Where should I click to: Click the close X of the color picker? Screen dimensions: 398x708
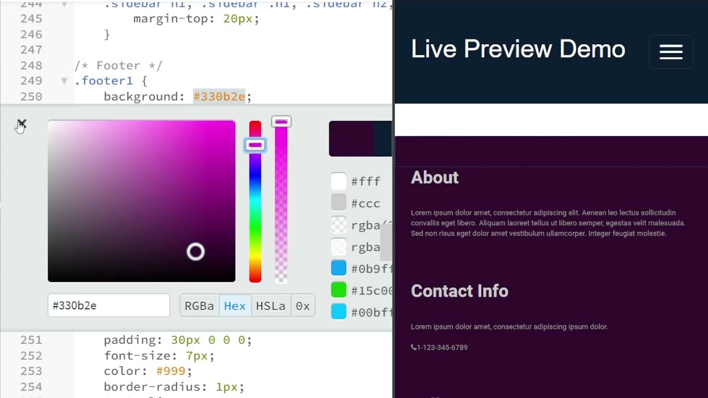click(x=22, y=123)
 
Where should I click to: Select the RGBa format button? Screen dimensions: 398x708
click(x=199, y=306)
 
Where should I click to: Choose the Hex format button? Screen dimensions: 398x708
click(x=235, y=306)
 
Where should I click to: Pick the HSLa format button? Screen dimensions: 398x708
click(x=270, y=306)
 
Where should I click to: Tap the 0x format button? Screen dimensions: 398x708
click(x=303, y=306)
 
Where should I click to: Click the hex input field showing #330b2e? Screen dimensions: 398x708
click(x=108, y=306)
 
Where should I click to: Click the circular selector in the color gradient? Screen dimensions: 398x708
click(x=195, y=252)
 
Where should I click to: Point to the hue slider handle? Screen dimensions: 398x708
click(x=255, y=145)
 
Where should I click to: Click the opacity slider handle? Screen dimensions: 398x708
click(x=281, y=122)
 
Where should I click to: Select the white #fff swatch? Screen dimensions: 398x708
click(x=339, y=181)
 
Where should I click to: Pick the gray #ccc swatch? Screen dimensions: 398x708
click(x=339, y=203)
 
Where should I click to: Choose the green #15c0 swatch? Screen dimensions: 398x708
click(x=339, y=290)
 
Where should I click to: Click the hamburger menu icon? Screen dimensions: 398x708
click(x=671, y=52)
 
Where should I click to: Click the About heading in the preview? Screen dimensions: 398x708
click(x=435, y=177)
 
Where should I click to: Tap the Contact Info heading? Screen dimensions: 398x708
click(x=459, y=291)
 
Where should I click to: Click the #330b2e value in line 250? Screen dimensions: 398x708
click(x=219, y=97)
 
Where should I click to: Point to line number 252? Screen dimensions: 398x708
click(x=32, y=355)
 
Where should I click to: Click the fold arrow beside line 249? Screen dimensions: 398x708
click(x=64, y=81)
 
